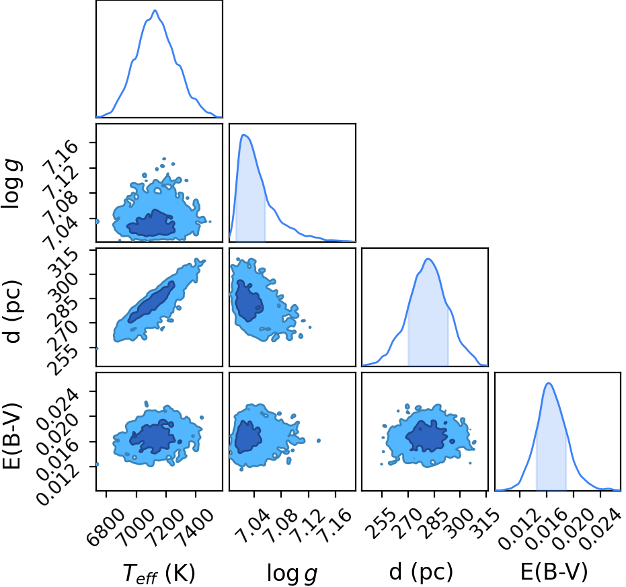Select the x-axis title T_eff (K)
(159, 574)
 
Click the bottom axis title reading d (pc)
(421, 572)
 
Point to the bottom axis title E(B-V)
(555, 572)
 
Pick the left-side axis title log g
(11, 184)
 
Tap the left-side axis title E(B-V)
(11, 436)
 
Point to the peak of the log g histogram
(244, 135)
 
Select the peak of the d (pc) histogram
(428, 259)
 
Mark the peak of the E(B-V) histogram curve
(549, 383)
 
